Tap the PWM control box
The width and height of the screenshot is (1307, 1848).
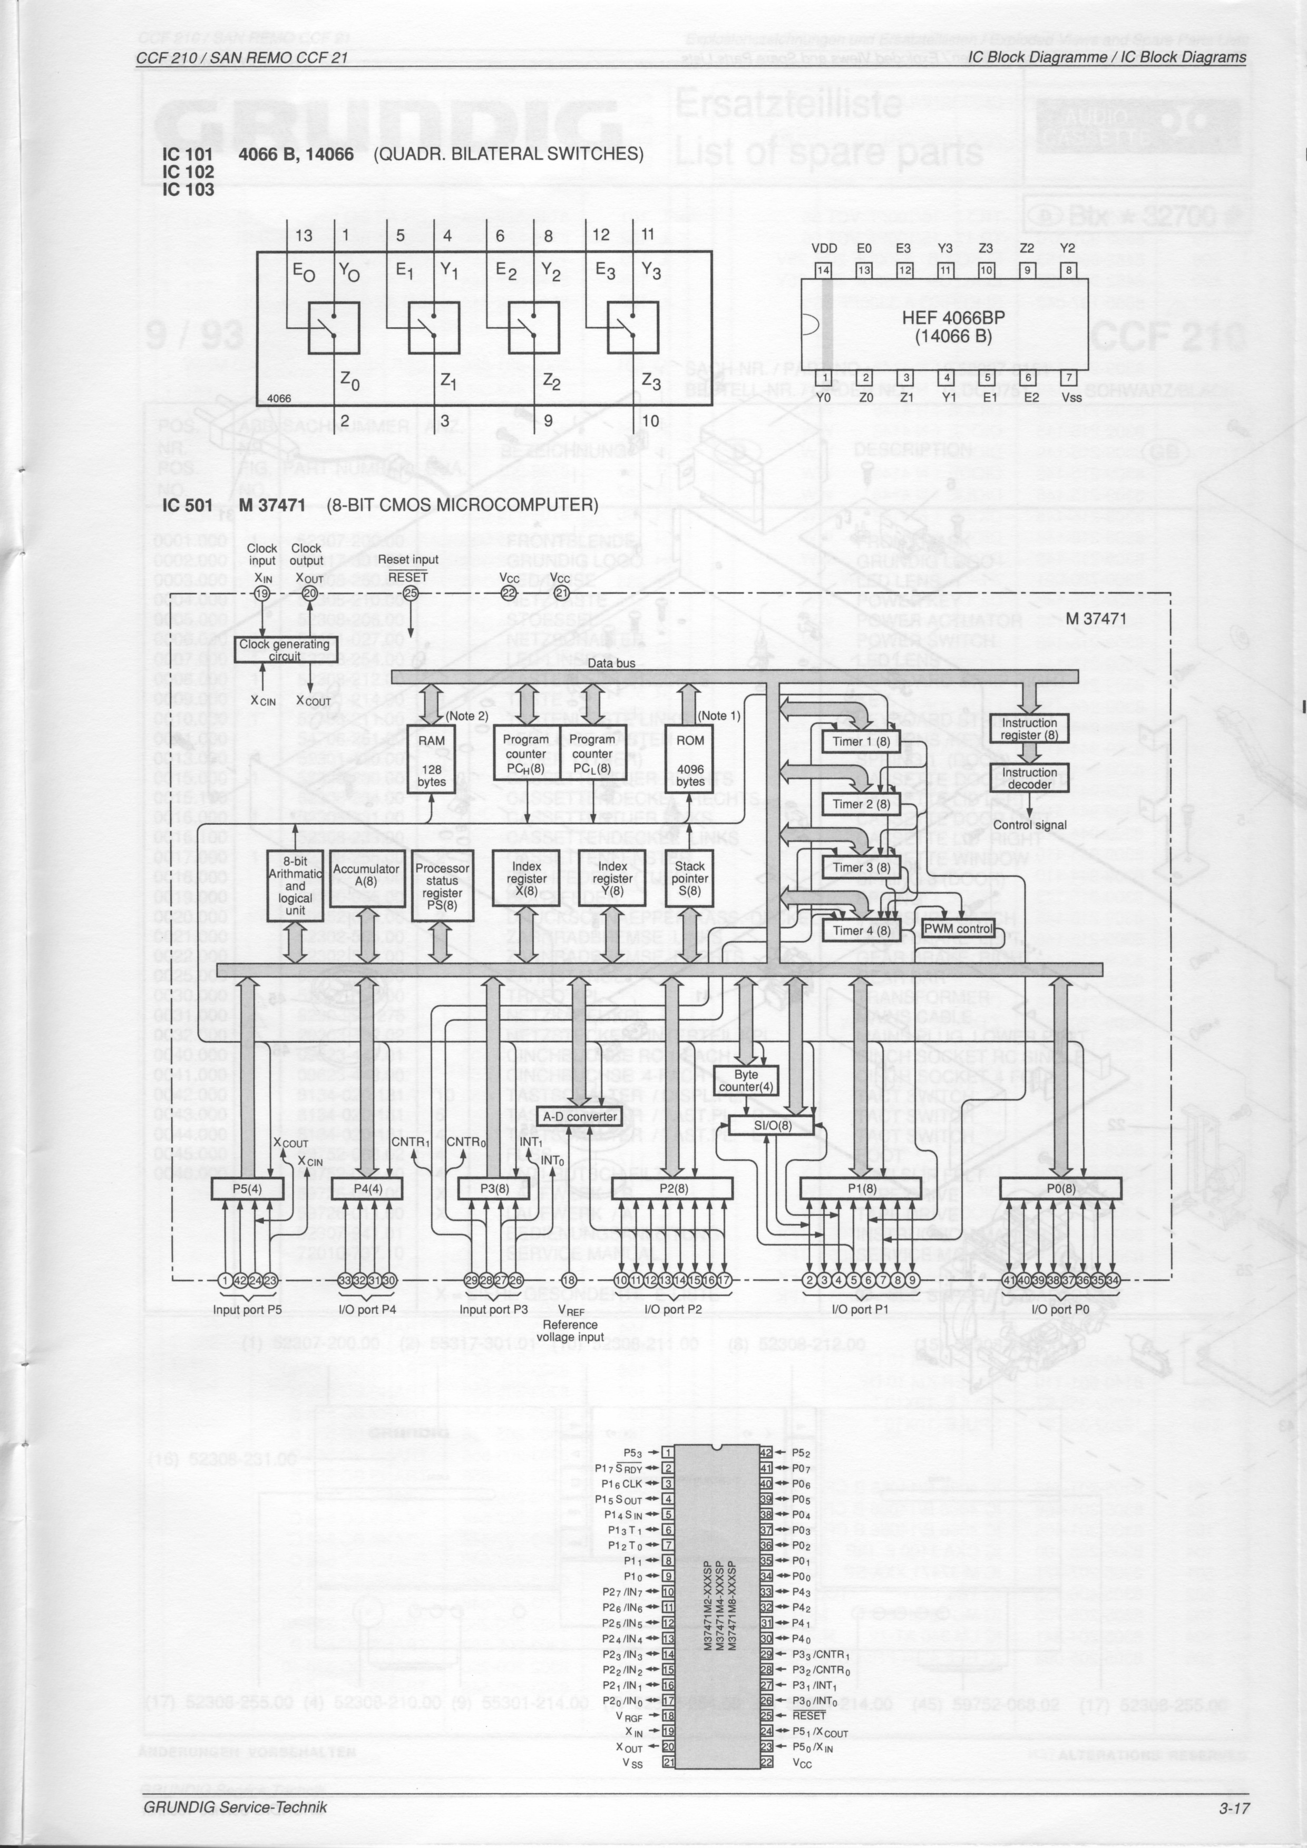958,928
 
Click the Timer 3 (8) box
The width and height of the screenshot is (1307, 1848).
861,867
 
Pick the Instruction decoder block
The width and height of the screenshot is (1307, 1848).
1029,778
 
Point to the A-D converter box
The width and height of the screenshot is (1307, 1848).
580,1117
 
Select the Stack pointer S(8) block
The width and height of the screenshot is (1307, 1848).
690,878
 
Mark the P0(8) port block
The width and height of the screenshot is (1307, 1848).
1060,1188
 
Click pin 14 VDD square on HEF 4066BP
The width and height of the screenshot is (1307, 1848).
823,270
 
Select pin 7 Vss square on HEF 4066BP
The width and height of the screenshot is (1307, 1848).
1069,377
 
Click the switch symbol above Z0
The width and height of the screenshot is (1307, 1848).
334,328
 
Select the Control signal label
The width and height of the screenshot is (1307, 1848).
1029,825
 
